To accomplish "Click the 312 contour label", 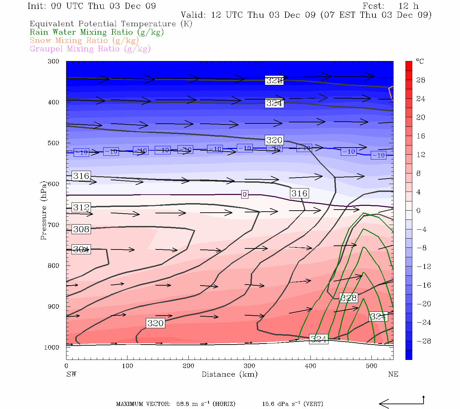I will point(81,207).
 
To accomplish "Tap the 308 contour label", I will point(81,229).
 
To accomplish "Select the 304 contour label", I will point(81,249).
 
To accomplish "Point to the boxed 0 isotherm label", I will point(244,194).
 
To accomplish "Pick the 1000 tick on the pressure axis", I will point(51,347).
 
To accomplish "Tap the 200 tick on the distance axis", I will point(188,366).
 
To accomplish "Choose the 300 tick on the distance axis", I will point(249,366).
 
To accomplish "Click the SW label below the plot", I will point(71,374).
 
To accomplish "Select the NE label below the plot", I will point(393,374).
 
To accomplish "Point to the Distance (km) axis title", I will point(229,374).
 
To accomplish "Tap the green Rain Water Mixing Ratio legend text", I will point(97,32).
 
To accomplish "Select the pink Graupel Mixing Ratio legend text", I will point(90,49).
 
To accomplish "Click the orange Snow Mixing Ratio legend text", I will point(84,41).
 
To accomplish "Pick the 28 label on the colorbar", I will point(421,80).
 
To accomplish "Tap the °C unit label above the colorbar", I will point(420,61).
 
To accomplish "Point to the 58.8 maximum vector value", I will point(184,404).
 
